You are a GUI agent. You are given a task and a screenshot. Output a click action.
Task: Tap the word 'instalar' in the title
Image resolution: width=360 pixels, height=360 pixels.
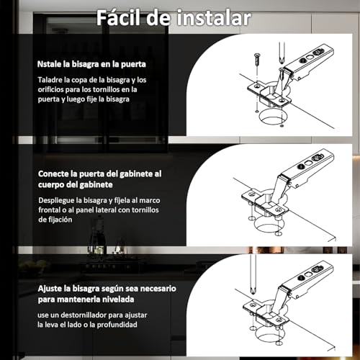tap(211, 18)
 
